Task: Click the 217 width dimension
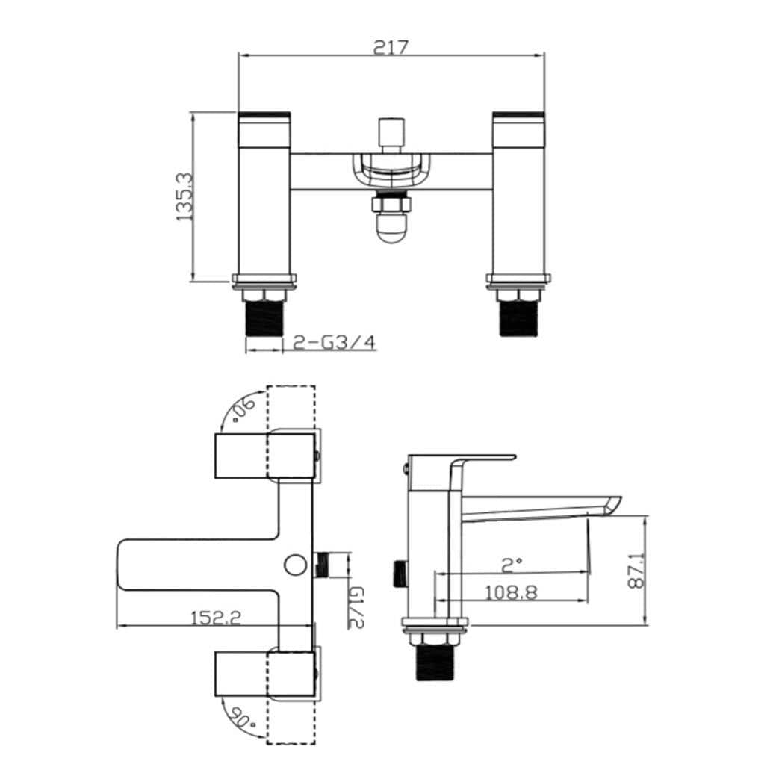click(x=391, y=46)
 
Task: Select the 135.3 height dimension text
click(x=184, y=196)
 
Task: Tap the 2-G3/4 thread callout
click(x=335, y=343)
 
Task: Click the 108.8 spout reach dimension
click(x=511, y=592)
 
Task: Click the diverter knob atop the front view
click(x=390, y=134)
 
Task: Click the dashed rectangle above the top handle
click(x=291, y=407)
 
